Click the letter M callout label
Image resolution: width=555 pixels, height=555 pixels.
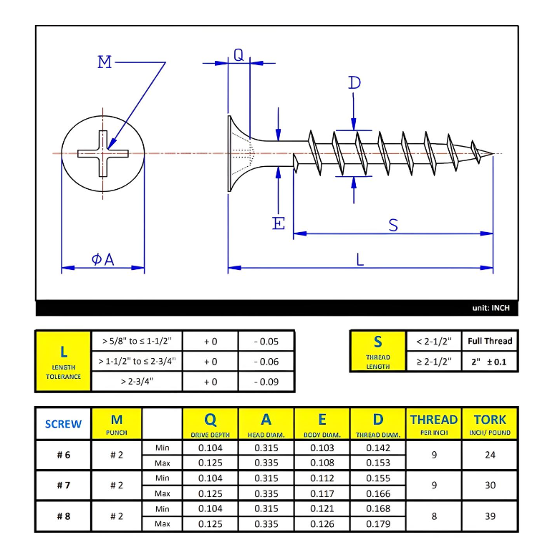[x=105, y=62]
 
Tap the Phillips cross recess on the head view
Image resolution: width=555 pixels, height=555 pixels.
[x=104, y=153]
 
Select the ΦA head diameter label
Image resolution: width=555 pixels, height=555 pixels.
[x=102, y=259]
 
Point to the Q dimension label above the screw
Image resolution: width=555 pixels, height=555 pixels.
[x=238, y=55]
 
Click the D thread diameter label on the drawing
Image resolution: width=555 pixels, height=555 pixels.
[x=354, y=83]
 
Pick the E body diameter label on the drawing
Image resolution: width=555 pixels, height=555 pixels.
[x=279, y=223]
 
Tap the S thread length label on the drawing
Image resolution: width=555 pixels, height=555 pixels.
[x=393, y=225]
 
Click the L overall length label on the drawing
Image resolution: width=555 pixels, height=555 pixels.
[x=359, y=260]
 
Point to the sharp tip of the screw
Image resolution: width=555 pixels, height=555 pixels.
[x=493, y=153]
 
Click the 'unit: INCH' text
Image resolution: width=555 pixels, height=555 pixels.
[x=491, y=308]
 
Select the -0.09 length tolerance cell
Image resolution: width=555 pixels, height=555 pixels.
[x=266, y=382]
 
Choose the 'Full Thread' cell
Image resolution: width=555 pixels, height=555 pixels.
[x=491, y=341]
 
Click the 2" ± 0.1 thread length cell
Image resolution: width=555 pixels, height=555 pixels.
[x=491, y=362]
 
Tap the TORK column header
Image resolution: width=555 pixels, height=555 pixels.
[x=490, y=423]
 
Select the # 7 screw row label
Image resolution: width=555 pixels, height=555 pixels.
[x=63, y=485]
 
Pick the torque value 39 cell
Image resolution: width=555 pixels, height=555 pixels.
[x=490, y=516]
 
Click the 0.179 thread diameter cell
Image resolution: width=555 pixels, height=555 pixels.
[x=377, y=523]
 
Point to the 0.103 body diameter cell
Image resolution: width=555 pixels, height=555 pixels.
[x=322, y=448]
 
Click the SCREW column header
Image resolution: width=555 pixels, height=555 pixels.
[x=63, y=423]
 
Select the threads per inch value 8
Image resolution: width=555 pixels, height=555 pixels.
[x=433, y=516]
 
